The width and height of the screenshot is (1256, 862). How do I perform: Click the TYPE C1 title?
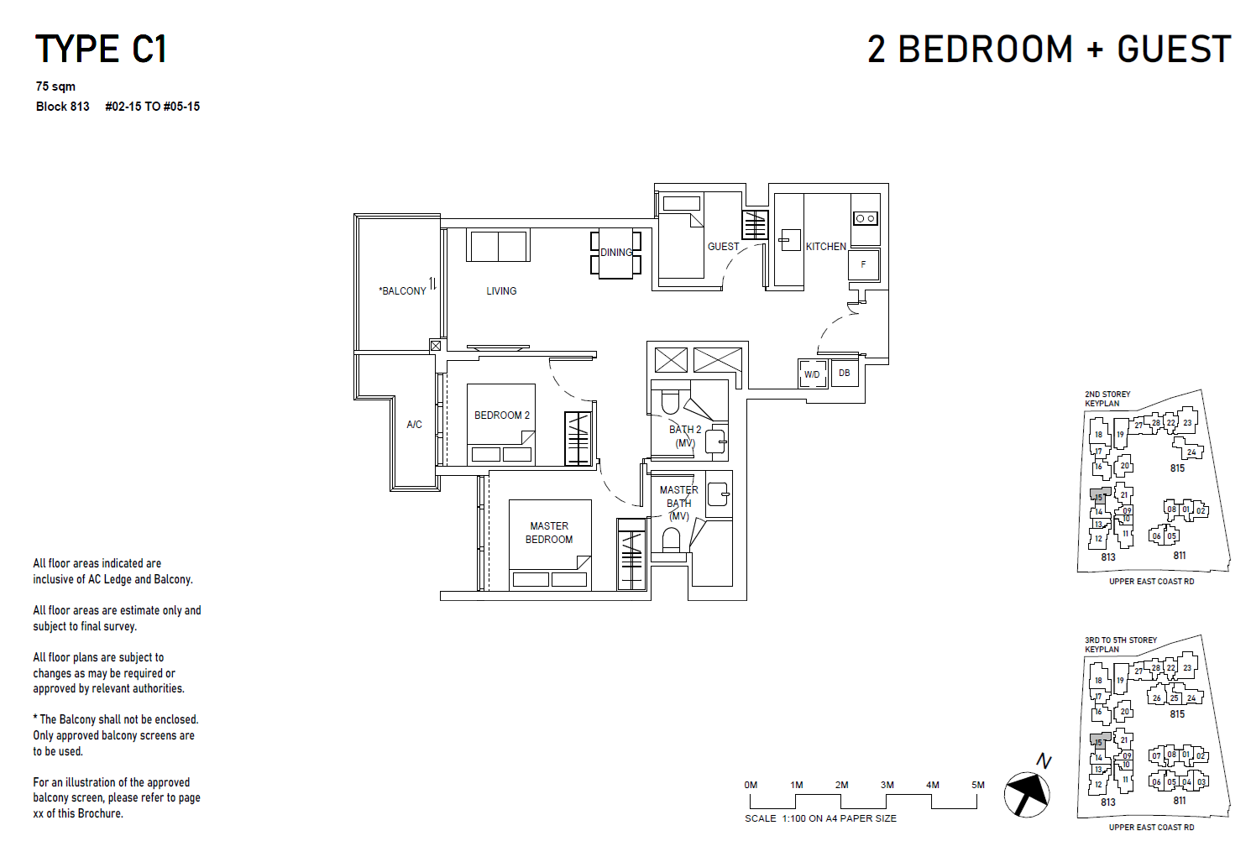[101, 50]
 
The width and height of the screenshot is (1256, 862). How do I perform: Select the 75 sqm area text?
[55, 86]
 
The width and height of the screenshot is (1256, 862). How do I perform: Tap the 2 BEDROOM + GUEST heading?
[1049, 50]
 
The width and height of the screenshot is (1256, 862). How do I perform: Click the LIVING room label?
[501, 291]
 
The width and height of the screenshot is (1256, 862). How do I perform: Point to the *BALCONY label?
[403, 291]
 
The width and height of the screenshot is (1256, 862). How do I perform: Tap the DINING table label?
[616, 253]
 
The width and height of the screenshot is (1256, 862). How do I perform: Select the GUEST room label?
[723, 247]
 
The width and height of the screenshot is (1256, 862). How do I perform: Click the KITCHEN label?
[826, 247]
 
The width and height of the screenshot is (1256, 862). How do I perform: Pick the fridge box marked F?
[863, 264]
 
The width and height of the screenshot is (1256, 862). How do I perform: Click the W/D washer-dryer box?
[812, 374]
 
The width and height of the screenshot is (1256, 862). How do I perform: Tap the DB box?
[844, 373]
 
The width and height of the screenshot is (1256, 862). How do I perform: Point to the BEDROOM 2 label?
[502, 415]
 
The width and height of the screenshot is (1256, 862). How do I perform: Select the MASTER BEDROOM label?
[549, 533]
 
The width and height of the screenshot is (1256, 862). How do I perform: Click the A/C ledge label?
[414, 425]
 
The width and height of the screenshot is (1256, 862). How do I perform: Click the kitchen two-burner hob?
[866, 218]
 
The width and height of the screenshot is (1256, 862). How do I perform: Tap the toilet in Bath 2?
[670, 403]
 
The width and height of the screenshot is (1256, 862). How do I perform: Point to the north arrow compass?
[1027, 792]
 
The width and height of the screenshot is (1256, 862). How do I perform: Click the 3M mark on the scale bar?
[887, 785]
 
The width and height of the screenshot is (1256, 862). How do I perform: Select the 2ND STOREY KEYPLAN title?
[1107, 399]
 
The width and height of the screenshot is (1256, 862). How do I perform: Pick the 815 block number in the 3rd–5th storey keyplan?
[1177, 714]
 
